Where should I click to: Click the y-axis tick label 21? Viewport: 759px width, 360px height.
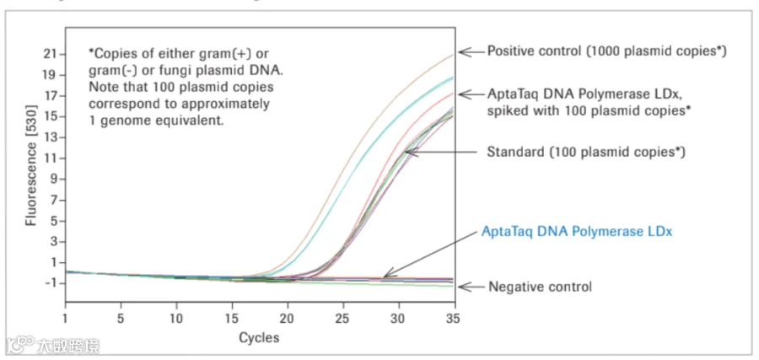click(x=51, y=54)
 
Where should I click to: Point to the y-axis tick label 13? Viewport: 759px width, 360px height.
click(x=51, y=137)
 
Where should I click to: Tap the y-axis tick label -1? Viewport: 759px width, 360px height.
click(x=51, y=283)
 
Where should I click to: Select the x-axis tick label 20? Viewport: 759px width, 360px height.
click(x=288, y=320)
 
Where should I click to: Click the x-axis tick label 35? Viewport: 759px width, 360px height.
click(x=454, y=320)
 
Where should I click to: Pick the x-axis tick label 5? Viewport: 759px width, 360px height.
click(x=121, y=320)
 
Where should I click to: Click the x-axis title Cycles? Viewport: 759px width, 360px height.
click(x=260, y=337)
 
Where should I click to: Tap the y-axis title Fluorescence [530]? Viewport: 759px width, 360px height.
click(x=31, y=164)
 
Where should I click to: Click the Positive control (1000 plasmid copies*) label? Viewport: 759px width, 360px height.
click(x=607, y=51)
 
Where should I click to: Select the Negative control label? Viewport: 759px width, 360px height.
click(x=541, y=287)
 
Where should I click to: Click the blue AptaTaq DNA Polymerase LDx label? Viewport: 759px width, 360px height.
click(x=577, y=232)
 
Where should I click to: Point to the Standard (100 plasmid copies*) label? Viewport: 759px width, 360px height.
click(x=586, y=153)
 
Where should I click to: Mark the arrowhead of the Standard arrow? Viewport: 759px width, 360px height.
click(x=408, y=152)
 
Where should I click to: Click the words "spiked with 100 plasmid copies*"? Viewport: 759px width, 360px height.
click(x=589, y=110)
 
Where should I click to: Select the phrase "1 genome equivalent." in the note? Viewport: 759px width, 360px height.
click(x=156, y=121)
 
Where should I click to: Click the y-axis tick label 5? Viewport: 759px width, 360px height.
click(x=53, y=221)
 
